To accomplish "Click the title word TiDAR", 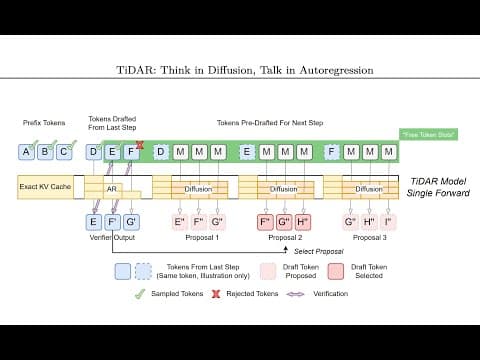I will pyautogui.click(x=134, y=71).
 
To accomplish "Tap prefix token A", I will pyautogui.click(x=26, y=152).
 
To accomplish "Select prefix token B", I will pyautogui.click(x=45, y=152).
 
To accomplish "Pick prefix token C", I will pyautogui.click(x=64, y=152).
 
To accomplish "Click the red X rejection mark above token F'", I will pyautogui.click(x=140, y=145).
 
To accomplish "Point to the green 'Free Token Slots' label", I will pyautogui.click(x=428, y=134).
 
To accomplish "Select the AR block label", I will pyautogui.click(x=112, y=188).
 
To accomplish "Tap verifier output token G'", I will pyautogui.click(x=132, y=221).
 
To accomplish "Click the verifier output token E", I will pyautogui.click(x=94, y=221).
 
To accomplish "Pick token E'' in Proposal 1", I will pyautogui.click(x=180, y=221).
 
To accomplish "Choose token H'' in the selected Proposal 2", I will pyautogui.click(x=303, y=221).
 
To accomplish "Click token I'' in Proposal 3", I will pyautogui.click(x=388, y=221).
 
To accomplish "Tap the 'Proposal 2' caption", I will pyautogui.click(x=284, y=239).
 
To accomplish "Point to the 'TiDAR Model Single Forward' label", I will pyautogui.click(x=438, y=187).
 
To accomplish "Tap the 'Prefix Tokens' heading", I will pyautogui.click(x=44, y=122).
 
